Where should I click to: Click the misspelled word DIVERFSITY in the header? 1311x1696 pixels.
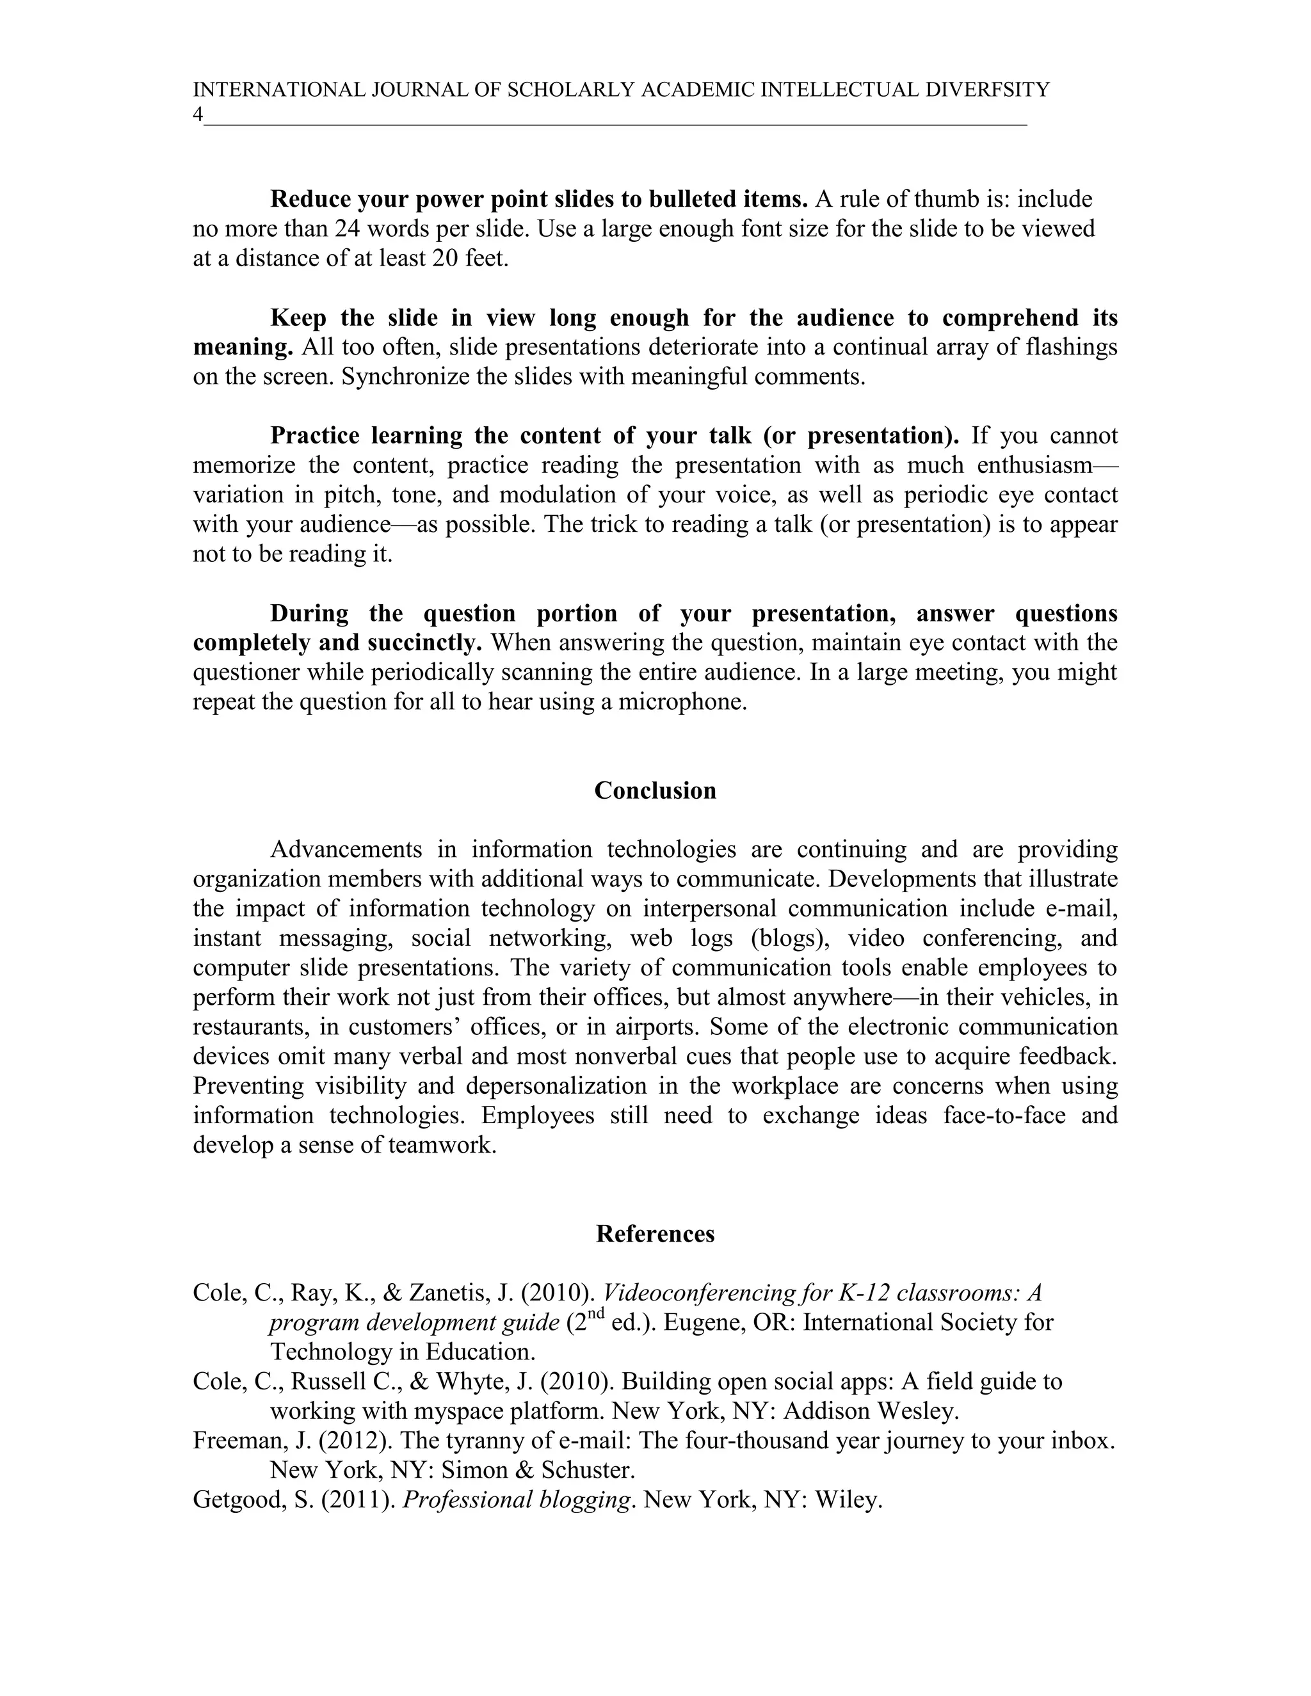tap(987, 90)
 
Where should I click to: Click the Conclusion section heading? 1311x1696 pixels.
tap(655, 790)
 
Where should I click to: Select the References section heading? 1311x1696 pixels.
tap(655, 1234)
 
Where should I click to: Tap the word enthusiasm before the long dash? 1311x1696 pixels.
tap(1034, 465)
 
